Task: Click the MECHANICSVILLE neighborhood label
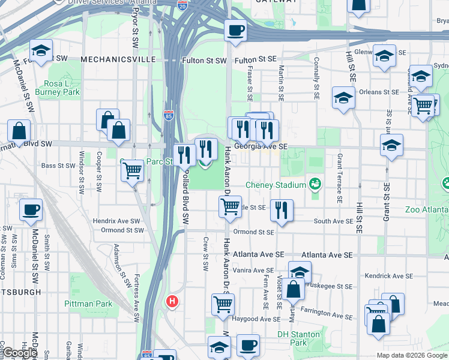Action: coord(118,60)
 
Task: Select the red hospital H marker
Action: coord(173,301)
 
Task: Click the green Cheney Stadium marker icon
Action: coord(314,182)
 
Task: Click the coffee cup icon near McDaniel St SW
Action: coord(31,210)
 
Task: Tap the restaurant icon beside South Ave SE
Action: coord(282,210)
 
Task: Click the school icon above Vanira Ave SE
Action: coord(300,271)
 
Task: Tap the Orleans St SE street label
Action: coord(379,92)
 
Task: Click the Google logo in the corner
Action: coord(20,353)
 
